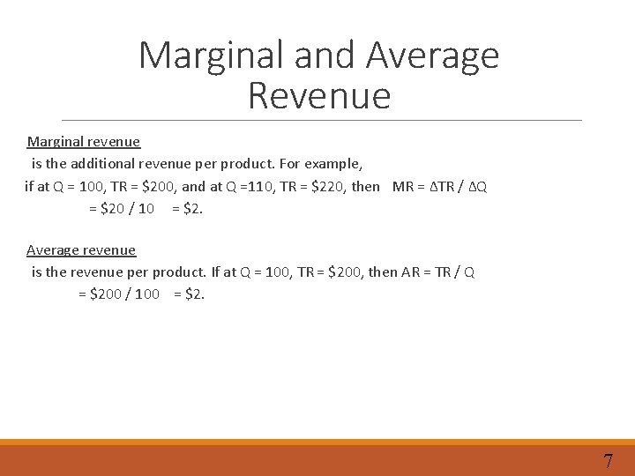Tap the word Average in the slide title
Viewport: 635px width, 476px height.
(x=433, y=55)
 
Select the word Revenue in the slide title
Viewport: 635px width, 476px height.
(x=319, y=95)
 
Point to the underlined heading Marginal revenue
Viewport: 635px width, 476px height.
(x=84, y=141)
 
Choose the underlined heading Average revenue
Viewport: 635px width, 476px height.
(x=81, y=250)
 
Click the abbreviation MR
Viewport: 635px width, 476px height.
(x=402, y=187)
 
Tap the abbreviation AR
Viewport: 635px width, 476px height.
(x=411, y=272)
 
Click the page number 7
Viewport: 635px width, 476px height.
(x=608, y=460)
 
